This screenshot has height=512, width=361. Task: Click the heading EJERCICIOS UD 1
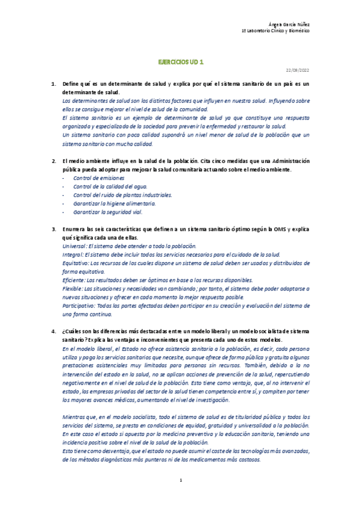[x=181, y=62]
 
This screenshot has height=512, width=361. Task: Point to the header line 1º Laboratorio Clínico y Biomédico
[x=275, y=30]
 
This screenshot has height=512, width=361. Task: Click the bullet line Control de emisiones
[x=98, y=178]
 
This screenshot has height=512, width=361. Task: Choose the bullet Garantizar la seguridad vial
[x=108, y=213]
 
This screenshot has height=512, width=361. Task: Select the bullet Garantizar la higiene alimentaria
[x=114, y=204]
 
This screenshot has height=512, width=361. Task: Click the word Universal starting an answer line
[x=75, y=246]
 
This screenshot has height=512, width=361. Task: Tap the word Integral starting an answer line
[x=74, y=255]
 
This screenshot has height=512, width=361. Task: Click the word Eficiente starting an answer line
[x=75, y=281]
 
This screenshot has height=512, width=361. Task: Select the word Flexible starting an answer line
[x=74, y=289]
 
